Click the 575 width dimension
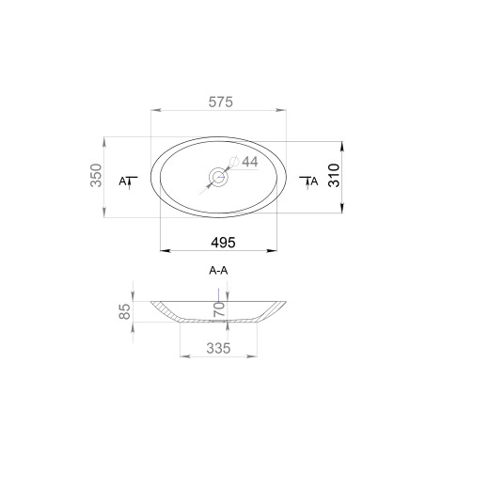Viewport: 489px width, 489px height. point(221,103)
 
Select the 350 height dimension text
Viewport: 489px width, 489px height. point(96,175)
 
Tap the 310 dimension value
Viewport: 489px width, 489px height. point(334,175)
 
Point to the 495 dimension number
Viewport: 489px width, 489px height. point(223,243)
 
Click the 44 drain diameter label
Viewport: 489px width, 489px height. point(250,162)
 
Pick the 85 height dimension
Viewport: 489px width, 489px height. point(125,311)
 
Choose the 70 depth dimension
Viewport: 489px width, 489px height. point(219,308)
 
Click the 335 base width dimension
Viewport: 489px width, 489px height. point(218,348)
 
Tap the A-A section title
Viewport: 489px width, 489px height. point(218,270)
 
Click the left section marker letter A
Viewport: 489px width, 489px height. point(122,181)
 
